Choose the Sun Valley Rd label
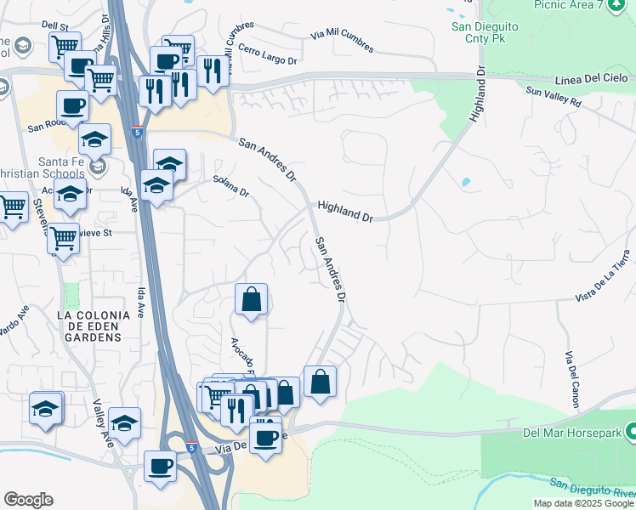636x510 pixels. coord(553,97)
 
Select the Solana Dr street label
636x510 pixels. coord(230,185)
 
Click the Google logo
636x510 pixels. coord(28,499)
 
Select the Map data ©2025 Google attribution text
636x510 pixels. coord(583,503)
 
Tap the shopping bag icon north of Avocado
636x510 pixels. coord(251,299)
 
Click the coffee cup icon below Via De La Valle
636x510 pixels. coord(160,466)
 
